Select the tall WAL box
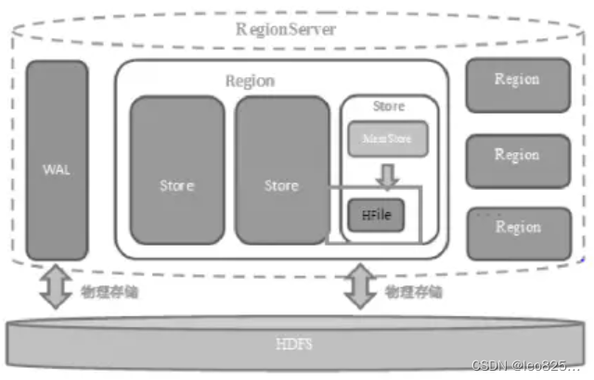57,160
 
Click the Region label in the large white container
250,80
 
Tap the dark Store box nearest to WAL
176,170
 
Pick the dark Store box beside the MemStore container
281,170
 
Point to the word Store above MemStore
388,107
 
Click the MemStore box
388,139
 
